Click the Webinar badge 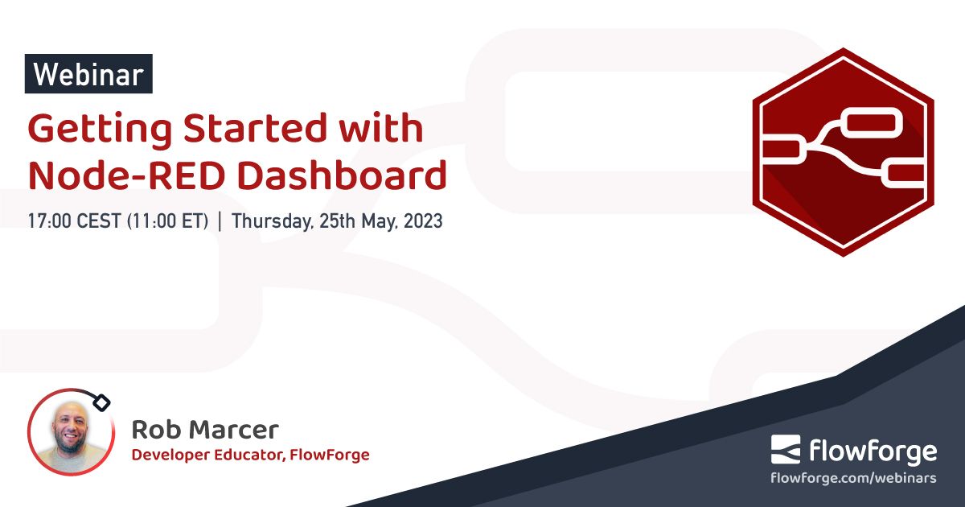tap(88, 74)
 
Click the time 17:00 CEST tap(74, 221)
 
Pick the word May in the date tap(371, 221)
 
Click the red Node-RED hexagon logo tap(842, 153)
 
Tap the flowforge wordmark tap(872, 450)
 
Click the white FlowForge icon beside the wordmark tap(786, 450)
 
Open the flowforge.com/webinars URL tap(853, 478)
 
